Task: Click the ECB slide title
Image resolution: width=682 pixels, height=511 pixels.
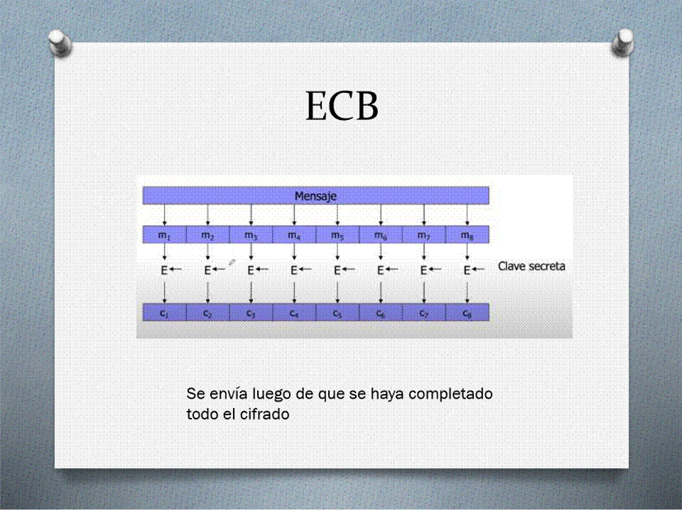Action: coord(342,106)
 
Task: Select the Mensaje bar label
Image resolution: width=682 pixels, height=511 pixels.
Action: coord(315,196)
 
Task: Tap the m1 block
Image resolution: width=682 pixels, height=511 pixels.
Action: coord(164,235)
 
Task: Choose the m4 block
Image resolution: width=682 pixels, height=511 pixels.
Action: coord(294,235)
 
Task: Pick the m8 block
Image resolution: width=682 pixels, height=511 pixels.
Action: coord(467,235)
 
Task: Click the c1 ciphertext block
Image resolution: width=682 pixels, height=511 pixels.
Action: coord(164,312)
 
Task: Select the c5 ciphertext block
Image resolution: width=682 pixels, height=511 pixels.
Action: coord(337,312)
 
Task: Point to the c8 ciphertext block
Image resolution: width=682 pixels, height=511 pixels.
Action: coord(467,312)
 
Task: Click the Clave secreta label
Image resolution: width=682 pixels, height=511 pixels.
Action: coord(531,266)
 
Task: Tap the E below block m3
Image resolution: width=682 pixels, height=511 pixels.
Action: coord(251,270)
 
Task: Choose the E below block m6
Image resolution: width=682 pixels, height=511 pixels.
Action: coord(380,270)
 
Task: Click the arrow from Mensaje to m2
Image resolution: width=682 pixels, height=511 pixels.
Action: coord(207,215)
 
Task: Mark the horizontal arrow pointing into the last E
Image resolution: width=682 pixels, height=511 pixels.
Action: coord(478,270)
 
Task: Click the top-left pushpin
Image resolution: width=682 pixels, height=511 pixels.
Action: coord(60,43)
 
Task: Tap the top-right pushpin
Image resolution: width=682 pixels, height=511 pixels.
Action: coord(622,42)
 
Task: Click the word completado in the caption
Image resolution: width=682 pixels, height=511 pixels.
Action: coord(450,394)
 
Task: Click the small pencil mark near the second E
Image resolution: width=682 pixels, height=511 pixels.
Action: coord(232,262)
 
